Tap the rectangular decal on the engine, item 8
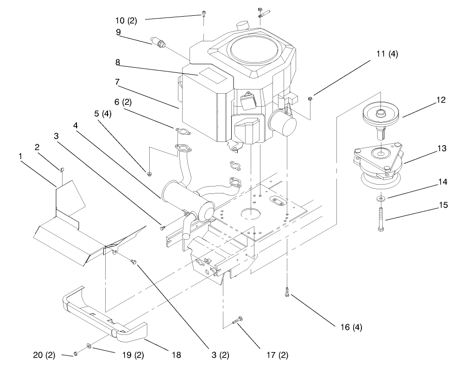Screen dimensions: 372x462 click(x=210, y=73)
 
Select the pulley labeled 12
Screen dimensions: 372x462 click(x=383, y=114)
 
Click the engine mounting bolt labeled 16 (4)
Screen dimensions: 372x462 click(x=288, y=292)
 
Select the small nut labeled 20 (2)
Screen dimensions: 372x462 click(x=74, y=355)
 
